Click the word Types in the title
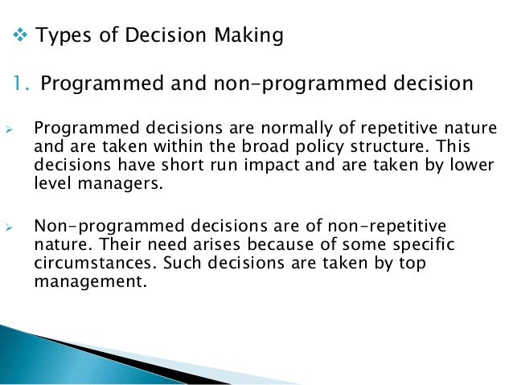pos(63,36)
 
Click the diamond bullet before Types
pos(22,36)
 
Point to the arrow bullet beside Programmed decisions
pos(11,129)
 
